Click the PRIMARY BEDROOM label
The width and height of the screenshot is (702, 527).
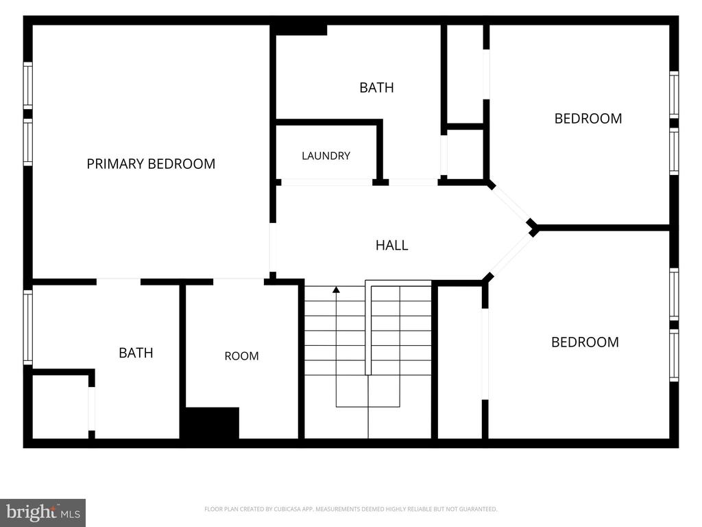pos(151,164)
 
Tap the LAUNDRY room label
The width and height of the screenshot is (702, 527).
pos(326,156)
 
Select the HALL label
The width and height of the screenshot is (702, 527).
pos(391,245)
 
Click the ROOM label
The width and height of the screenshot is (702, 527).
pos(242,356)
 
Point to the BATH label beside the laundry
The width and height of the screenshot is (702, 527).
pos(376,88)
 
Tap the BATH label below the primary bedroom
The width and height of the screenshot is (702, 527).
pos(136,353)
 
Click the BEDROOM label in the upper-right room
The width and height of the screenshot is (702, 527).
pos(588,119)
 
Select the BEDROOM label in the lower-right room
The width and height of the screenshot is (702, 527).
pos(585,342)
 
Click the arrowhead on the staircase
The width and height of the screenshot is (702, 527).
pos(336,290)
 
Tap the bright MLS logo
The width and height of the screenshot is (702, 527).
pos(43,513)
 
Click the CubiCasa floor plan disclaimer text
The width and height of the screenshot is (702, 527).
pos(350,509)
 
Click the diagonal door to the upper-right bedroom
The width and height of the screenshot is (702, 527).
pos(511,204)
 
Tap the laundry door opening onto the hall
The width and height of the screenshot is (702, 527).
pos(327,183)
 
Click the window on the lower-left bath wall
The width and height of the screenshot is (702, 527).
pos(27,327)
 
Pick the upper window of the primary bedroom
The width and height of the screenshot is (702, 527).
pos(27,85)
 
